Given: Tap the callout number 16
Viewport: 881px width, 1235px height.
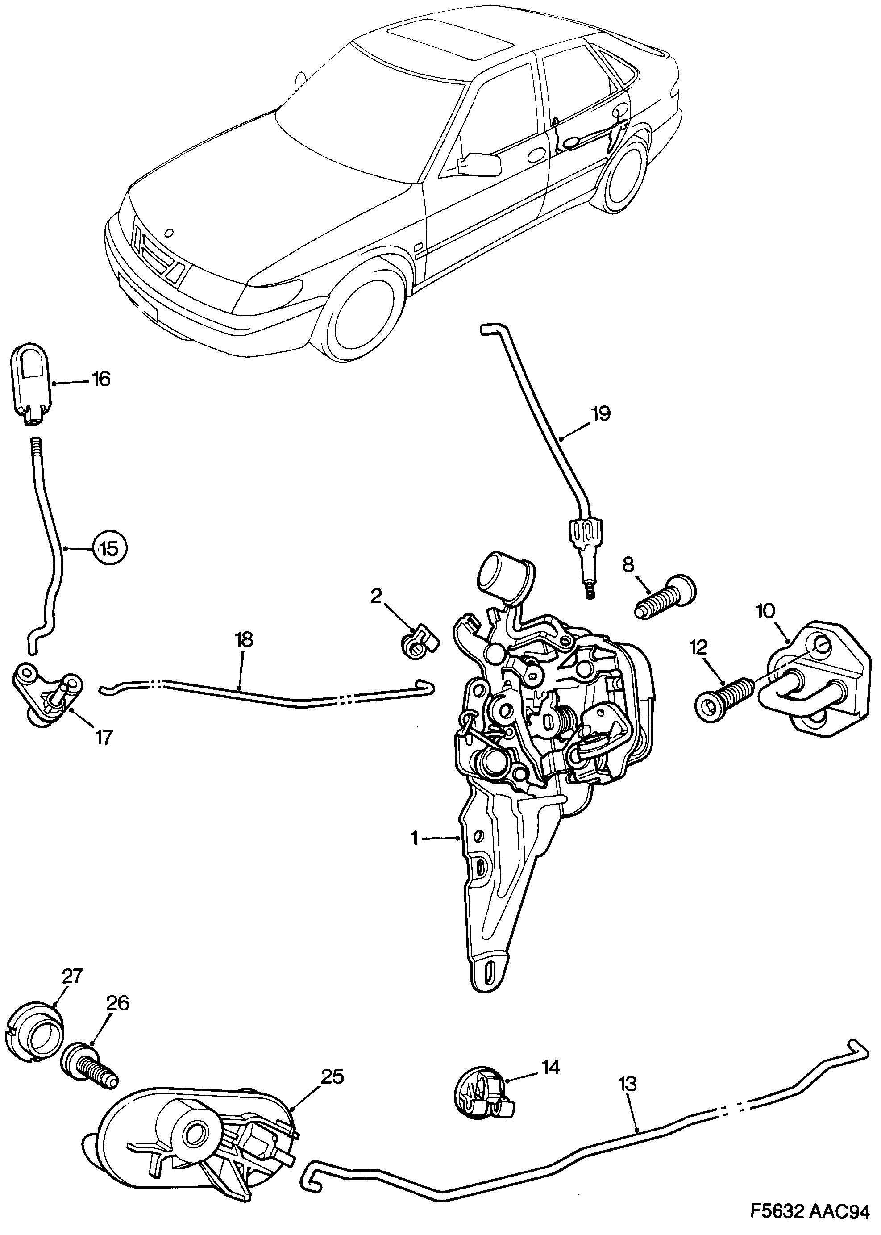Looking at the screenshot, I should point(101,379).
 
